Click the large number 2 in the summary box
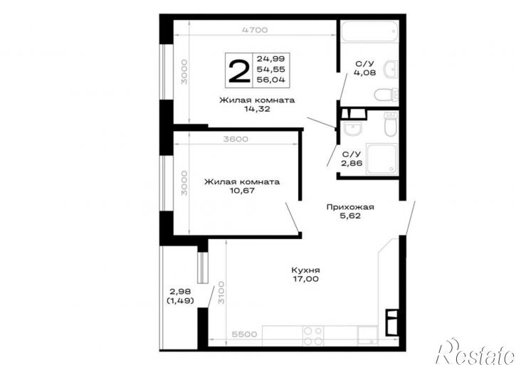coord(239,71)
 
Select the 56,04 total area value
coord(271,80)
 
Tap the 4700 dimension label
coord(255,30)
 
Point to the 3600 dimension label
coord(236,139)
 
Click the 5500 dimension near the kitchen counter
coord(244,334)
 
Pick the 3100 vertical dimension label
coord(221,292)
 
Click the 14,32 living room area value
coord(257,109)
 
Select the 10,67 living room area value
coord(242,191)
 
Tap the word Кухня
coord(306,270)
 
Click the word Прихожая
coord(350,207)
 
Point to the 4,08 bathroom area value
coord(364,73)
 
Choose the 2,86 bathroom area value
coord(352,163)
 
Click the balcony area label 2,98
coord(180,292)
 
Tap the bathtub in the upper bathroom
coord(369,31)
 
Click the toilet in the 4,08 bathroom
coord(386,94)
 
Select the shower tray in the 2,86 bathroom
coord(381,159)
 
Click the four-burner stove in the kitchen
coord(313,336)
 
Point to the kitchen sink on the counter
coord(367,335)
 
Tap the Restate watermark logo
coord(475,351)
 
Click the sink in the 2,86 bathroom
coord(352,128)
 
